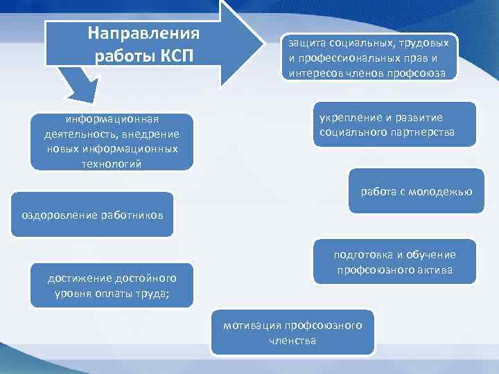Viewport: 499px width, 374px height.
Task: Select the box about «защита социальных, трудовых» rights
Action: tap(369, 57)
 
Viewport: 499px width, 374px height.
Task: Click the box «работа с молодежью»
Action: tap(416, 191)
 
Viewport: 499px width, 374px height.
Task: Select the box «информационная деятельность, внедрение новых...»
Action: tap(112, 141)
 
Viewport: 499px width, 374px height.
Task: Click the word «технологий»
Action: tap(112, 163)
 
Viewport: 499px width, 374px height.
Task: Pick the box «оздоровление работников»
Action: tap(92, 215)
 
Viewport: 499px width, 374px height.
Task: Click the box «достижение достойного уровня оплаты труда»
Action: tap(112, 285)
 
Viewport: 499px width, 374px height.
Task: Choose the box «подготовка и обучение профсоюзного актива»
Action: tap(394, 262)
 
